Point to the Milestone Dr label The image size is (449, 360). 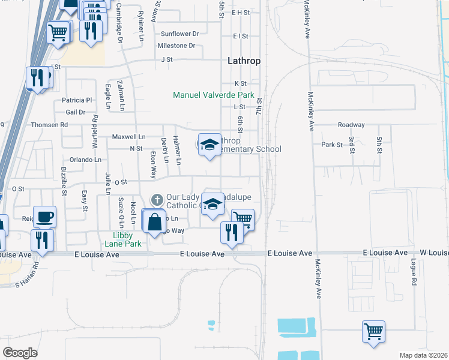(176, 46)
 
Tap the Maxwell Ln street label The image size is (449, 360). (128, 137)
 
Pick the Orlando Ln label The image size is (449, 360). (85, 160)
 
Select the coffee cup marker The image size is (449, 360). (44, 216)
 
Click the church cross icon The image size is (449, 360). (157, 199)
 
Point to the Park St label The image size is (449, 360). (331, 145)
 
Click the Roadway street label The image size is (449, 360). (351, 125)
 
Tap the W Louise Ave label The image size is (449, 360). (432, 253)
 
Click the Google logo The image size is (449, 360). (20, 352)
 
